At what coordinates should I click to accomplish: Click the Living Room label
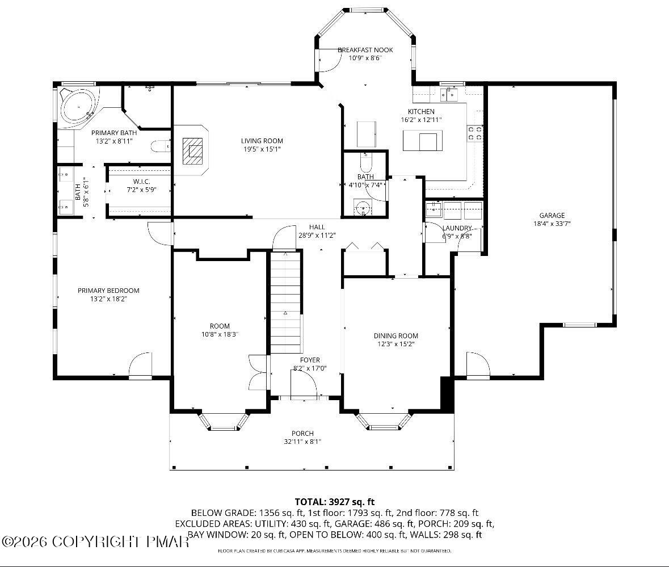tap(262, 141)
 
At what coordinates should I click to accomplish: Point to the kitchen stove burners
tap(476, 133)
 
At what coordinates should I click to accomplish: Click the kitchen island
tap(422, 141)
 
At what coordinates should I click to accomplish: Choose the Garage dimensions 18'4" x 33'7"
tap(552, 224)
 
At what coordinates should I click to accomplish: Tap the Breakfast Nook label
tap(365, 50)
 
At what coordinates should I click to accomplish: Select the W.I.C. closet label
tap(141, 182)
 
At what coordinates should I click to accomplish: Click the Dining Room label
tap(396, 336)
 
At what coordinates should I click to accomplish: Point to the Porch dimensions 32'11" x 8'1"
tap(302, 442)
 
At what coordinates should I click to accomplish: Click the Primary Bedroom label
tap(108, 291)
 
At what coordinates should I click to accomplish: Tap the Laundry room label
tap(457, 228)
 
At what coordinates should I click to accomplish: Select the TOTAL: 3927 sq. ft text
tap(335, 502)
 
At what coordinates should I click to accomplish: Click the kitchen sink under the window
tap(449, 94)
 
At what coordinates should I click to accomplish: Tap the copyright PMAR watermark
tap(95, 541)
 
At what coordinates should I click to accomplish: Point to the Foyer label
tap(310, 360)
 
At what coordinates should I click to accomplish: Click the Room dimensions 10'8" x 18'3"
tap(219, 334)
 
